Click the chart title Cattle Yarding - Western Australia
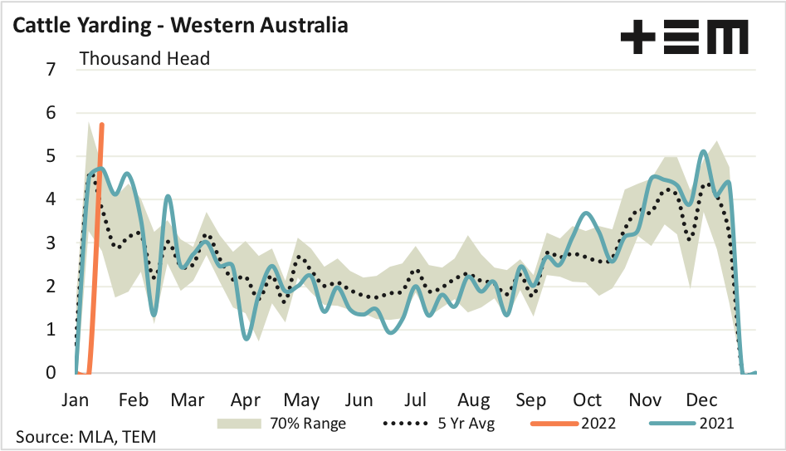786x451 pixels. coord(179,25)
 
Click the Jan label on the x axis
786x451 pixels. coord(76,400)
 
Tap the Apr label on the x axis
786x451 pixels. coord(246,400)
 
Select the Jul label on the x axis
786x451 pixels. coord(415,400)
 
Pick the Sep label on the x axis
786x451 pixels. coord(531,400)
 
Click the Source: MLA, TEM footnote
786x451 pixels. coord(85,437)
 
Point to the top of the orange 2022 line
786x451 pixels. coord(102,125)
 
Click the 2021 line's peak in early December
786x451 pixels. coord(704,152)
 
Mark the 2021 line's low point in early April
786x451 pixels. coord(247,338)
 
